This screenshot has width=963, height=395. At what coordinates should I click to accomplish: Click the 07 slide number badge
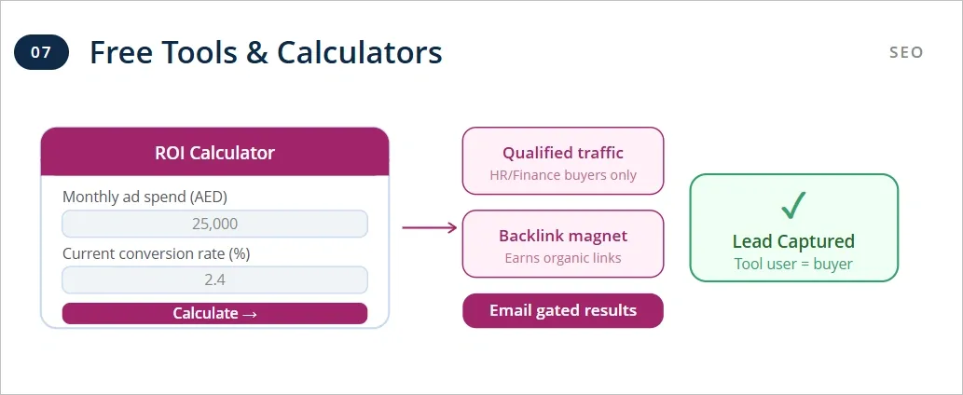(41, 52)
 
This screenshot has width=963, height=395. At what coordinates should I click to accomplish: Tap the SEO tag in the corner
(906, 52)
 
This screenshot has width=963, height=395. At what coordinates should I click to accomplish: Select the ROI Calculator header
(214, 153)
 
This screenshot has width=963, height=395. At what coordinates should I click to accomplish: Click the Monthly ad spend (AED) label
(144, 197)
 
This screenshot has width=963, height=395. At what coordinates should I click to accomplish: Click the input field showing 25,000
(214, 224)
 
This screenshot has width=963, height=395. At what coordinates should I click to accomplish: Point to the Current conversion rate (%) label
(156, 252)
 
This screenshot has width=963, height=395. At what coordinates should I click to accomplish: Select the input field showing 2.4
(214, 279)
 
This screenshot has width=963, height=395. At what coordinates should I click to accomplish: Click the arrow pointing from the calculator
(429, 226)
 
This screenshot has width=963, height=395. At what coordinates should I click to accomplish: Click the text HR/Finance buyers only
(563, 175)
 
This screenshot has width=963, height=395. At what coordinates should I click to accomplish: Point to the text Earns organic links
(563, 258)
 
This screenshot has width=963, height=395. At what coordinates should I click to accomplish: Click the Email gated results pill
(563, 311)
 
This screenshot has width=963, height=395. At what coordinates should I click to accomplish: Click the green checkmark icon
(793, 205)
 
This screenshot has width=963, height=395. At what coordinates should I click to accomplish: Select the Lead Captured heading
(793, 241)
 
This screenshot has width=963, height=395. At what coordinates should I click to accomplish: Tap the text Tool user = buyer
(793, 264)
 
